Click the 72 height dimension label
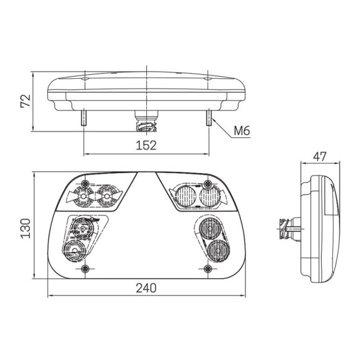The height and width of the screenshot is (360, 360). (25, 101)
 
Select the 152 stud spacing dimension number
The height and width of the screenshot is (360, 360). (146, 145)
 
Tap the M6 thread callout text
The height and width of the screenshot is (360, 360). (242, 131)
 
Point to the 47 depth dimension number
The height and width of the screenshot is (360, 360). (320, 157)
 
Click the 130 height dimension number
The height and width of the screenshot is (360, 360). (25, 228)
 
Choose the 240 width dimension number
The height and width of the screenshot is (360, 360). (146, 288)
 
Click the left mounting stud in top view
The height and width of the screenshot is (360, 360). (84, 118)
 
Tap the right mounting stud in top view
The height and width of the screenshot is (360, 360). (209, 118)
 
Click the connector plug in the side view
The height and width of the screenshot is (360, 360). (290, 228)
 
